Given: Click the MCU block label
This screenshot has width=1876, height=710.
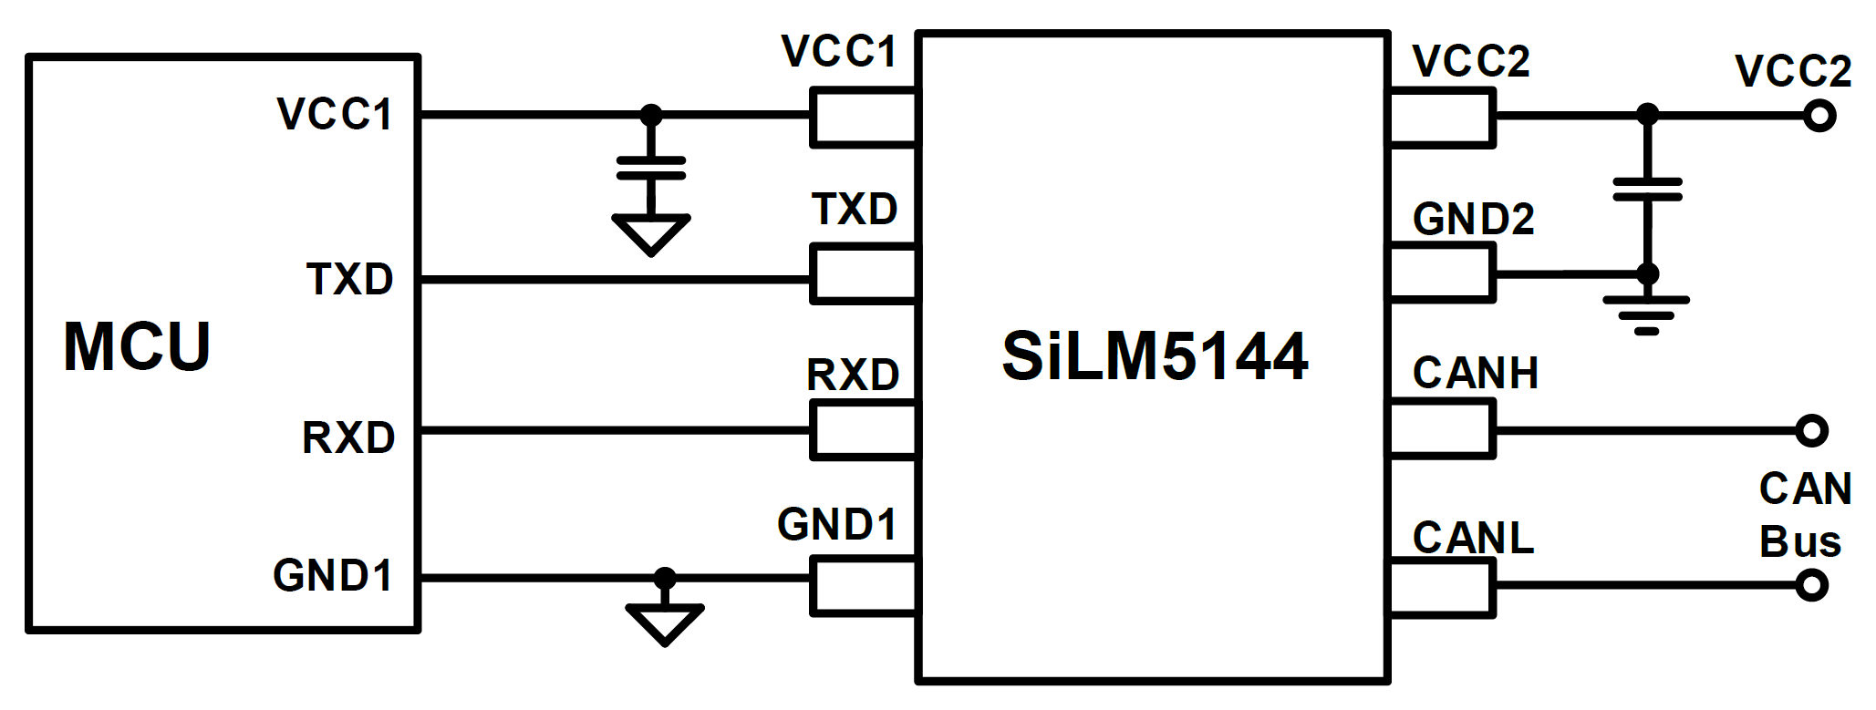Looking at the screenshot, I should click(x=137, y=347).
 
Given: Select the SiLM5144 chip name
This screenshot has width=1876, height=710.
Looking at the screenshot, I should click(x=1155, y=356).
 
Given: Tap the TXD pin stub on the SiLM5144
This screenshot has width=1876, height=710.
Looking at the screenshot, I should click(x=863, y=273).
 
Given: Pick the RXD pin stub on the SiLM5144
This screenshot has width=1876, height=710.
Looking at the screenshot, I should click(x=863, y=430).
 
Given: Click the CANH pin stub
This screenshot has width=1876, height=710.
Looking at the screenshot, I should click(x=1441, y=429).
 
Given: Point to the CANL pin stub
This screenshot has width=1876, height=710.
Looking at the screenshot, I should click(x=1441, y=588).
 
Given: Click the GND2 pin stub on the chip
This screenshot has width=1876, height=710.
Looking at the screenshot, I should click(x=1441, y=273).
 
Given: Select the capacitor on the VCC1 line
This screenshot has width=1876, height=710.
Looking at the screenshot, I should click(x=650, y=169).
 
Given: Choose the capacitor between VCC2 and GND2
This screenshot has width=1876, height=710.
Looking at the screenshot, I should click(x=1647, y=190).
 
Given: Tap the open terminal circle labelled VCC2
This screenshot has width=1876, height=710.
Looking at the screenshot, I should click(x=1819, y=117).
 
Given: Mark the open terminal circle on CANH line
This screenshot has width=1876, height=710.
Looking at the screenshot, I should click(x=1812, y=430).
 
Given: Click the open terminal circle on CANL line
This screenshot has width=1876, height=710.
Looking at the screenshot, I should click(x=1812, y=585).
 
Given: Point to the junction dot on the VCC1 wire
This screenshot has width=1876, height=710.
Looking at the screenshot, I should click(x=650, y=115).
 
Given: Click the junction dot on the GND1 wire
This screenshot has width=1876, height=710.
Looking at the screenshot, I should click(x=665, y=578).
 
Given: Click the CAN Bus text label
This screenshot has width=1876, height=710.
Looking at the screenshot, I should click(x=1804, y=515).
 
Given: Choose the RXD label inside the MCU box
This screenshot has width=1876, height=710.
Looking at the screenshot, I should click(x=348, y=438).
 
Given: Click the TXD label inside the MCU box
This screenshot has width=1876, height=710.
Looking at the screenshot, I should click(x=350, y=280).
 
